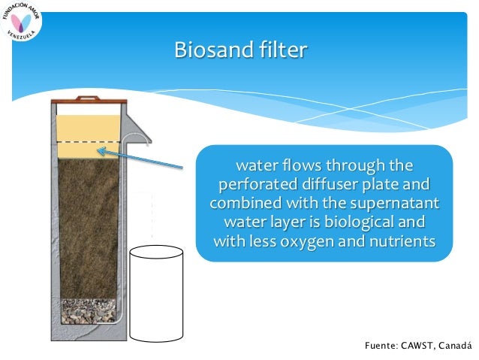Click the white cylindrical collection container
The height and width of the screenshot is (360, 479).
(x=157, y=292)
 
